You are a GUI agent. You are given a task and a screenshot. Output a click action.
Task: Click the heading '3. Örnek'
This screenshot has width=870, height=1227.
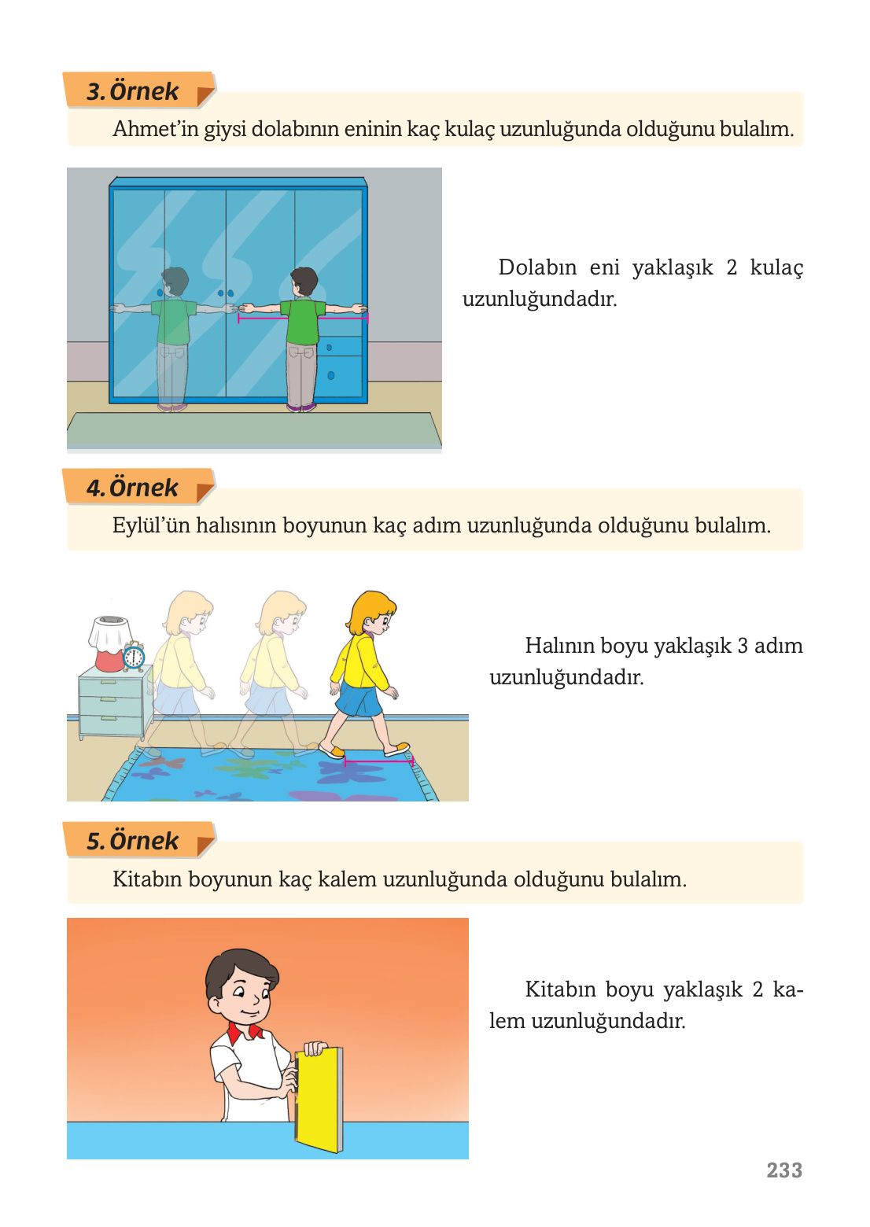pyautogui.click(x=133, y=91)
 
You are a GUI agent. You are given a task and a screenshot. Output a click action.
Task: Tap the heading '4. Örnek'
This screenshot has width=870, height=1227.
pyautogui.click(x=133, y=488)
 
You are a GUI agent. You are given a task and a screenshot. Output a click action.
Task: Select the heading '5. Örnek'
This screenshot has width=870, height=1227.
pyautogui.click(x=133, y=841)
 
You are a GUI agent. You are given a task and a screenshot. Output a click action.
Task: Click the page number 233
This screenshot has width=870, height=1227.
pyautogui.click(x=784, y=1170)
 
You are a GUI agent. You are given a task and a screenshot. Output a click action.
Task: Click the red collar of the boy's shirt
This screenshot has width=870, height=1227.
pyautogui.click(x=245, y=1031)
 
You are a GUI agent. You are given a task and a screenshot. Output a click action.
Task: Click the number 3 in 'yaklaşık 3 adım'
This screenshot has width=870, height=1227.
pyautogui.click(x=743, y=646)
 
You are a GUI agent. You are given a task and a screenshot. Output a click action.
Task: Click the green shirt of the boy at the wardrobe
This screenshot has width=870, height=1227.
pyautogui.click(x=303, y=321)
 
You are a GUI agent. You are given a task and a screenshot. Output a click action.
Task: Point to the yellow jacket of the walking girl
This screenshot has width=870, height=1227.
pyautogui.click(x=361, y=661)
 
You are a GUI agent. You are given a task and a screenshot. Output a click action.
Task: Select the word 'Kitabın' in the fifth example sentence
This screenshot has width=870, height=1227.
pyautogui.click(x=146, y=879)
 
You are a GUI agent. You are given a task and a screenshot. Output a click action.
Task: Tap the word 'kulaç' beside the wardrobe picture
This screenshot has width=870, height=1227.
pyautogui.click(x=776, y=267)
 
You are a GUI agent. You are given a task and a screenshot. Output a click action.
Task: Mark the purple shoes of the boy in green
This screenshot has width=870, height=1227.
pyautogui.click(x=302, y=407)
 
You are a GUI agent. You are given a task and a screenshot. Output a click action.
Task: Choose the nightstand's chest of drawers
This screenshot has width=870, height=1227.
pyautogui.click(x=112, y=704)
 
